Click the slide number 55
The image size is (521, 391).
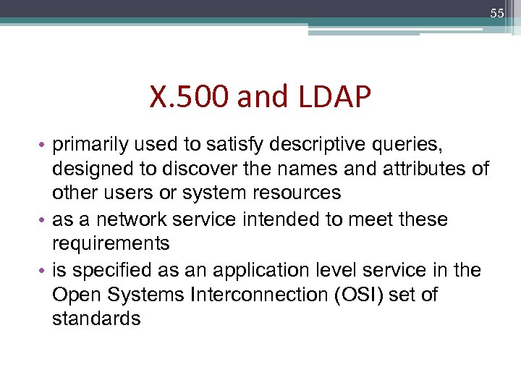496,14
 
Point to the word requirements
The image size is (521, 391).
111,244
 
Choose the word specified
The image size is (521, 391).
107,269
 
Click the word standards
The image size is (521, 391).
96,319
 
